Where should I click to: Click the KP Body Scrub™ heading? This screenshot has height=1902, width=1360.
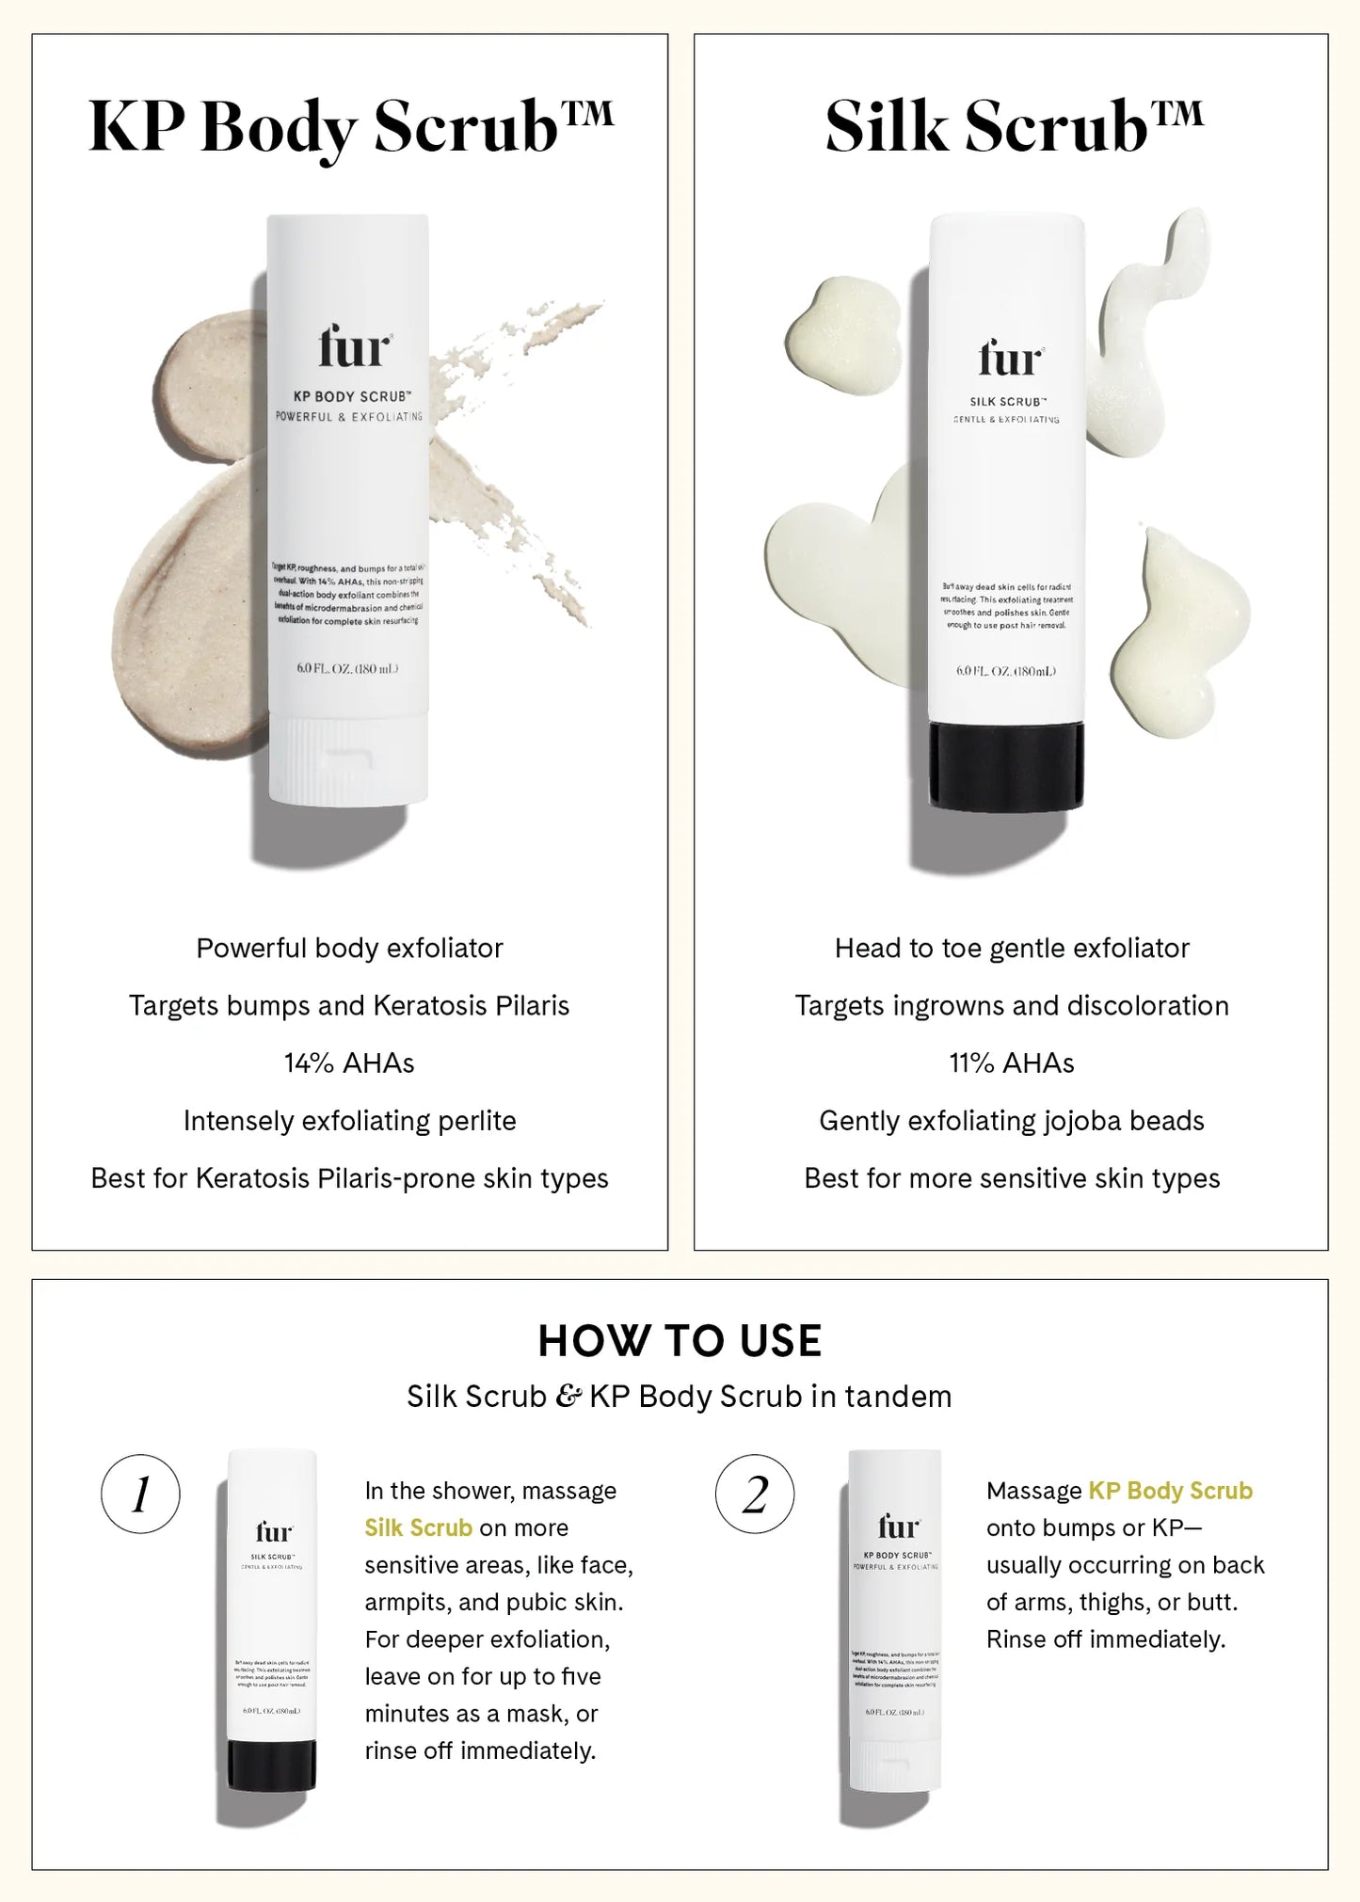click(x=349, y=128)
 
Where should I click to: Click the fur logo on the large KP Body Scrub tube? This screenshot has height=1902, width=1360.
click(x=353, y=347)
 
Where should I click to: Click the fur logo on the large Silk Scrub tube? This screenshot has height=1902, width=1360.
click(x=1010, y=359)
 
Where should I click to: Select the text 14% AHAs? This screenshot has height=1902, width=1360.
click(x=349, y=1063)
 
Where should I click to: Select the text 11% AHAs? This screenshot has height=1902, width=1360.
click(x=1011, y=1063)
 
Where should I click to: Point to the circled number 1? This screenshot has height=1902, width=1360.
click(x=140, y=1494)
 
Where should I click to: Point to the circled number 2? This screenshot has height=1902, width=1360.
click(x=755, y=1494)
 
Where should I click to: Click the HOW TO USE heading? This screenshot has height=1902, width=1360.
click(x=680, y=1341)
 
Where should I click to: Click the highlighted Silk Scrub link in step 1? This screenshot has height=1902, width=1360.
click(x=418, y=1527)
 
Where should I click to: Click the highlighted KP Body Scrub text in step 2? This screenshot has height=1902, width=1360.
click(x=1170, y=1491)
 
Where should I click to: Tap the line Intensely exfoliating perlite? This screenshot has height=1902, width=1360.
click(x=349, y=1121)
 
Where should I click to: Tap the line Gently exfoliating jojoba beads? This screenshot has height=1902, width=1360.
click(x=1011, y=1121)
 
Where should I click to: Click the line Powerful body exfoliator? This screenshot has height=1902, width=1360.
click(x=349, y=948)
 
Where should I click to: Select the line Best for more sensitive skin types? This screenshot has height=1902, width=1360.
click(x=1011, y=1178)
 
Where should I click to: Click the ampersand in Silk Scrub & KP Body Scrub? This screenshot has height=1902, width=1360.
click(x=568, y=1397)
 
